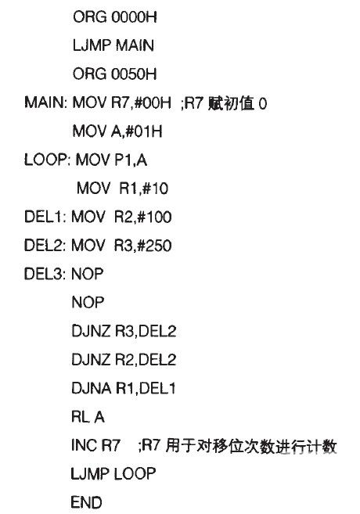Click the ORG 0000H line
115,16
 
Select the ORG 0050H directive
115,74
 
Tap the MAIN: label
45,102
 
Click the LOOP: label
47,160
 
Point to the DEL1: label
45,217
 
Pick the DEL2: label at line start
45,246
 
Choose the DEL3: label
45,274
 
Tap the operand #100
155,217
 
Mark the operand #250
155,246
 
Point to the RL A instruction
88,417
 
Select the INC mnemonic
84,445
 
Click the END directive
86,502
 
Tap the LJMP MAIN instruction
113,45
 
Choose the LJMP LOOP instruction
113,474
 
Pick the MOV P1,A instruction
111,160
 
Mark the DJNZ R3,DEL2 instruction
124,332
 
